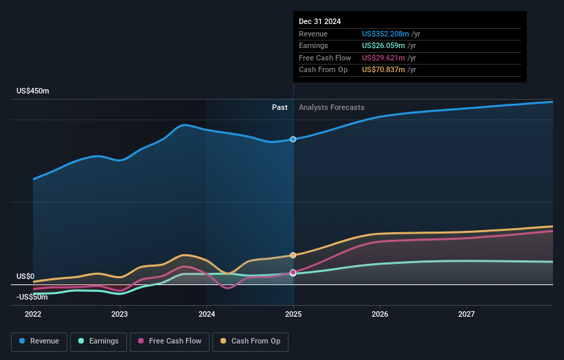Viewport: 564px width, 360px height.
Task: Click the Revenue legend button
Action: click(40, 341)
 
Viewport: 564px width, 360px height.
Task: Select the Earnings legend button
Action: click(98, 341)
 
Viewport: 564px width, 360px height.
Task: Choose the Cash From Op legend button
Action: click(251, 341)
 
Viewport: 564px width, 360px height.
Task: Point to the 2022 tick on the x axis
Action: click(33, 314)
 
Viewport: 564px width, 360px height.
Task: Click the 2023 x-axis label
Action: click(120, 314)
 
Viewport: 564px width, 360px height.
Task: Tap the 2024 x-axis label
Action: click(206, 314)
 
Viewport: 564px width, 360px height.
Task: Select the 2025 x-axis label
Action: click(293, 314)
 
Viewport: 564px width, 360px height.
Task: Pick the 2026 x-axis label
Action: click(380, 314)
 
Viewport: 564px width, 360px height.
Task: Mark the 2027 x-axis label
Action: click(466, 314)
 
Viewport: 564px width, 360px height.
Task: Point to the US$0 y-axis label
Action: click(25, 276)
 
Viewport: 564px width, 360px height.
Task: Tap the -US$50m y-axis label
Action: click(32, 297)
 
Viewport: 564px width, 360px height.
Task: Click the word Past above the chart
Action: click(280, 107)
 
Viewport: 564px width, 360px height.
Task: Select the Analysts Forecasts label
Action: click(332, 107)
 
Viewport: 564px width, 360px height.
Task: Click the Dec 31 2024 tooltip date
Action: click(319, 22)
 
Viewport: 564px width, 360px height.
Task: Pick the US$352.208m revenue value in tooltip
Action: click(385, 34)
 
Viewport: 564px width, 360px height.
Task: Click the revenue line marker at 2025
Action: click(293, 139)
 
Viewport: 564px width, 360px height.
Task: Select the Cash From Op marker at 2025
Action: click(293, 255)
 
